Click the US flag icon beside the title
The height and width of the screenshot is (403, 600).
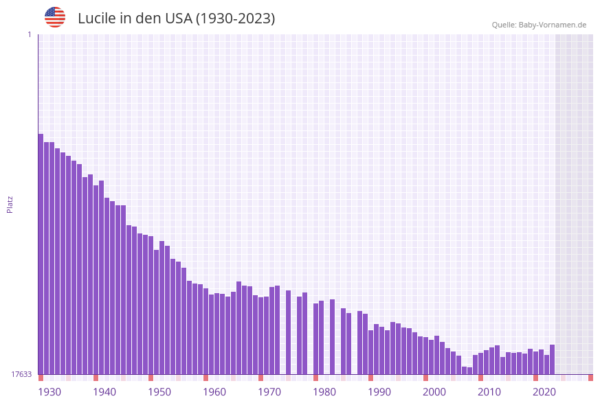[x=55, y=17]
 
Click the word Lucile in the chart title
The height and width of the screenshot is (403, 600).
[x=97, y=19]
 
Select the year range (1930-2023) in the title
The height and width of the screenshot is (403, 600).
[x=236, y=19]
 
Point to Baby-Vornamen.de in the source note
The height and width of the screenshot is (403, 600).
[x=553, y=25]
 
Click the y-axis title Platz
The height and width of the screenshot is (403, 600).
[x=10, y=204]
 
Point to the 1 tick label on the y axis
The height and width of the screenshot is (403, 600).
[x=29, y=34]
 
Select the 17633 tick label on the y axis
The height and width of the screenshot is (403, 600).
[x=21, y=374]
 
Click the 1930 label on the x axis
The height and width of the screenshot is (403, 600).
[x=49, y=392]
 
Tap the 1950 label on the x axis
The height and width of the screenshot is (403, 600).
[x=159, y=392]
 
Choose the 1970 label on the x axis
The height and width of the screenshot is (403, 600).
[x=269, y=392]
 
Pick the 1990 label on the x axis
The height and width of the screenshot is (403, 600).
[x=379, y=392]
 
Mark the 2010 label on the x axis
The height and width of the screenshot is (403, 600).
[x=489, y=392]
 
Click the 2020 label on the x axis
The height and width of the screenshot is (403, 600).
[x=544, y=392]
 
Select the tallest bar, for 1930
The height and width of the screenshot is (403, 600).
[x=41, y=254]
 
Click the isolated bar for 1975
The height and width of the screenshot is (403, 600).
[x=288, y=332]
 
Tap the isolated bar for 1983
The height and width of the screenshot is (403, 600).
[x=332, y=337]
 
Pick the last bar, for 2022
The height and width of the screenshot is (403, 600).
[x=552, y=359]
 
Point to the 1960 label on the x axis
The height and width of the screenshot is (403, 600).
[x=214, y=392]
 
